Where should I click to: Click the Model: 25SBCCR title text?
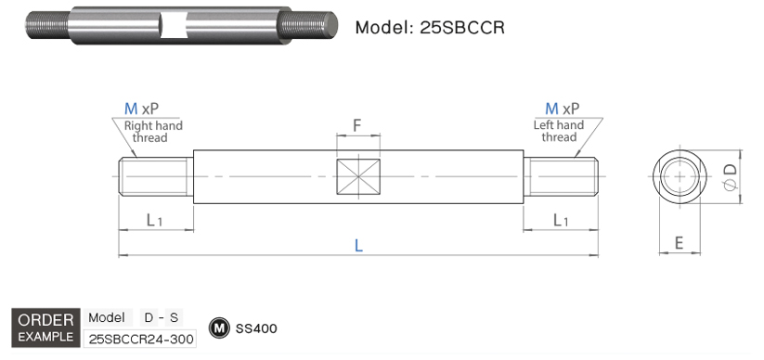(x=430, y=27)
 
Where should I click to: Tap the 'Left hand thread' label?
(x=559, y=132)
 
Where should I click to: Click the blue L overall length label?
(x=358, y=245)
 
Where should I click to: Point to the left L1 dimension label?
(x=155, y=220)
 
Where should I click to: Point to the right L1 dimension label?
(x=562, y=220)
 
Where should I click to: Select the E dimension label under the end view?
(x=679, y=243)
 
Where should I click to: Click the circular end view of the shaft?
(x=680, y=176)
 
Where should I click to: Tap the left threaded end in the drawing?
(x=155, y=176)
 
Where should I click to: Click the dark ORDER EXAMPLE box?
(x=45, y=327)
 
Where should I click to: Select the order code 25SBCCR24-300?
(x=140, y=339)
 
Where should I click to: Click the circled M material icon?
(x=220, y=328)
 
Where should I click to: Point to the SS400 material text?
(x=256, y=328)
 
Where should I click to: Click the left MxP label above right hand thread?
(x=143, y=109)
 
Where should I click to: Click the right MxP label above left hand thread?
(x=563, y=109)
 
